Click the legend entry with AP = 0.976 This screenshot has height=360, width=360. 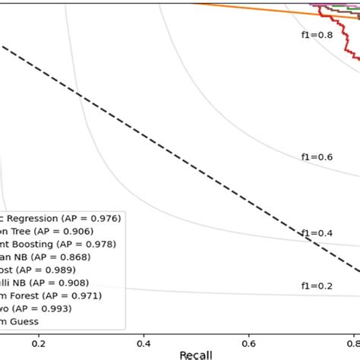[x=60, y=218]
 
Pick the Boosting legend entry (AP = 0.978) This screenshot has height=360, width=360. [x=58, y=244]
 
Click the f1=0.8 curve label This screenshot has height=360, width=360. [x=316, y=35]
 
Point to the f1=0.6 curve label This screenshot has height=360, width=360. [x=316, y=156]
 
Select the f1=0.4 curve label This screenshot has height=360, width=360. [x=316, y=232]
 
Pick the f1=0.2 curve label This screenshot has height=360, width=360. [x=316, y=286]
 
